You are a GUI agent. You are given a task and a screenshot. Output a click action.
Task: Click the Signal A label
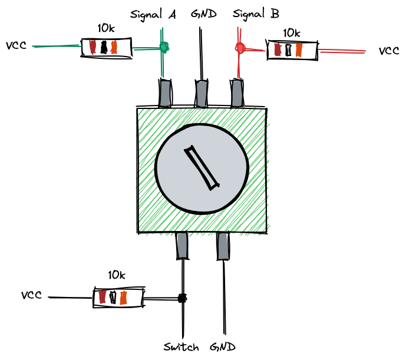(153, 15)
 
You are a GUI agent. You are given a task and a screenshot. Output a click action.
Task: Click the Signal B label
(252, 14)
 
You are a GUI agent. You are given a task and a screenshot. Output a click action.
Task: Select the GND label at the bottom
(223, 347)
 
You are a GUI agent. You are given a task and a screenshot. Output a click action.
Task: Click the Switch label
(181, 347)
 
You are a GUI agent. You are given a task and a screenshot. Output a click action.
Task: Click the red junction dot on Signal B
(240, 47)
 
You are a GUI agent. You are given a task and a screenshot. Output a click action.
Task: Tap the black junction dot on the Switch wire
(182, 298)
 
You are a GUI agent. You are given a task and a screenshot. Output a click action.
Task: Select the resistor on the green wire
(106, 48)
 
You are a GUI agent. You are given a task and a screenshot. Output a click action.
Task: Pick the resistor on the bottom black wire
(118, 298)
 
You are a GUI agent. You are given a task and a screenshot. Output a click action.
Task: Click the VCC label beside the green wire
(16, 45)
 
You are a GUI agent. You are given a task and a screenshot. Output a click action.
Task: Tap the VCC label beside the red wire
(389, 51)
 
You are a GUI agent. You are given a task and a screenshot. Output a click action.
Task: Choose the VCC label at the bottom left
(31, 295)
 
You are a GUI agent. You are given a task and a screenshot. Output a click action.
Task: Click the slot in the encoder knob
(200, 168)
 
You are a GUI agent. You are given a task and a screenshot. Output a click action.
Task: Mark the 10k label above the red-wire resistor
(292, 33)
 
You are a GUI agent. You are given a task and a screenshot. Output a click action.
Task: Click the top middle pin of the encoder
(202, 93)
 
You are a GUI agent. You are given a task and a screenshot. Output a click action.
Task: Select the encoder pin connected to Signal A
(165, 93)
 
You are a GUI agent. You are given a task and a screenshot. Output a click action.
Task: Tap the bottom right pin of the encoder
(223, 246)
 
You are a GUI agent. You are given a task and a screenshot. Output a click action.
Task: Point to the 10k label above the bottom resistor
(117, 275)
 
